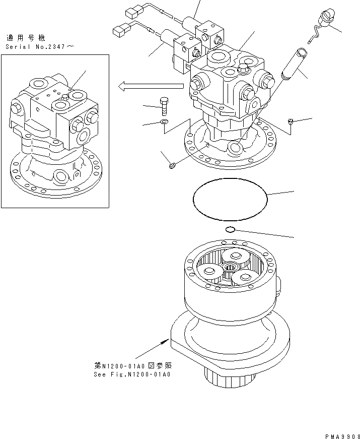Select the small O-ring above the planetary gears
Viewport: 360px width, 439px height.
click(230, 230)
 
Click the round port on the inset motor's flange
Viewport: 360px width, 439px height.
click(61, 176)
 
